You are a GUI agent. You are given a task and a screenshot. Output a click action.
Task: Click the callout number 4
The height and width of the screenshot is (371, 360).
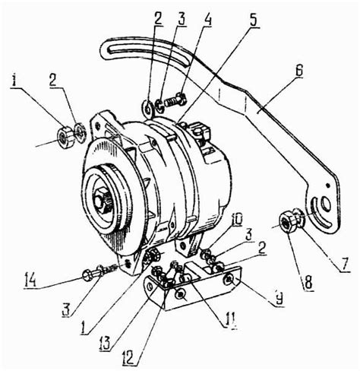coord(207,18)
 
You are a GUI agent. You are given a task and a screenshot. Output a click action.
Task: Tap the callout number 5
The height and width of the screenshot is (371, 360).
coord(253,20)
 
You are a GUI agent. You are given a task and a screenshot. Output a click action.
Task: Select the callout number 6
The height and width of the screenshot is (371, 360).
coord(298,72)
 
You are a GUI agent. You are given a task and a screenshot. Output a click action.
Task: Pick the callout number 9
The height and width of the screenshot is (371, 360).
coord(278,300)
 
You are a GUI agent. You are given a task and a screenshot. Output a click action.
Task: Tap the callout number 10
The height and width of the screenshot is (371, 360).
coord(235,220)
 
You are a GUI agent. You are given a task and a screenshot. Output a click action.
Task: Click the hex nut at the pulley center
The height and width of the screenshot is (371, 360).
coord(101,200)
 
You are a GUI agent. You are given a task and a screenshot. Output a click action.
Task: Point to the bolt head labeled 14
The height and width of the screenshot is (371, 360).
coord(88,275)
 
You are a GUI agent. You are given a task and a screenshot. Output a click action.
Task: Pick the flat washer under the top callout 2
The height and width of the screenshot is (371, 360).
coord(147,106)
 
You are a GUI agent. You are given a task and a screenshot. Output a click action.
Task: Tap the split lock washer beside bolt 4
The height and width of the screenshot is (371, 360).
coord(159,105)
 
